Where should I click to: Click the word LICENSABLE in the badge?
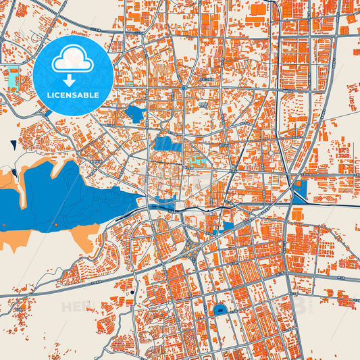pos(73,95)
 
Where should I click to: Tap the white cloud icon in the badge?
pos(73,59)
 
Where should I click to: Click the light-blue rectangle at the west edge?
pos(12,78)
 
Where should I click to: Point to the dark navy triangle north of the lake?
pos(14,143)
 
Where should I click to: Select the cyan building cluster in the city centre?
pos(197,161)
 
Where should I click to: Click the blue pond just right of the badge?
pos(134,113)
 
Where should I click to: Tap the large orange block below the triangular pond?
pos(298,214)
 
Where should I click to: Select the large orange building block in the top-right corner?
pos(258,9)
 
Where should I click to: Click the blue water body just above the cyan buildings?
pos(164,143)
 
